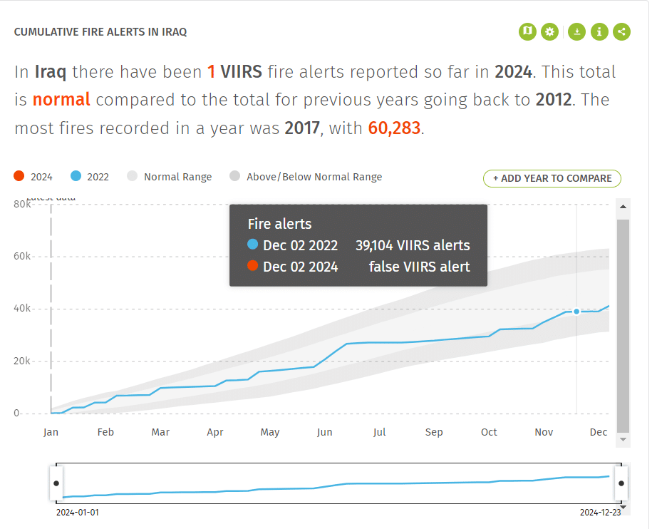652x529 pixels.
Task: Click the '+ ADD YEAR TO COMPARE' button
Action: [552, 178]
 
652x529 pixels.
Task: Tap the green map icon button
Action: [527, 31]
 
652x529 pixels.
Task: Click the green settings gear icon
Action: [549, 31]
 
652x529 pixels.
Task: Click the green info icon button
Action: [599, 31]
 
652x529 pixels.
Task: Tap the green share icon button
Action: [621, 31]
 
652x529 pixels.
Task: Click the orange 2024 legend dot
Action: [19, 177]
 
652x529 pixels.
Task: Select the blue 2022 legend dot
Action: [76, 177]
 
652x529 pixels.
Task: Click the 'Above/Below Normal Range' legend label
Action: [314, 177]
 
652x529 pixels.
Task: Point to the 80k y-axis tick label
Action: [22, 205]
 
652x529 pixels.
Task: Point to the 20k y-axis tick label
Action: [22, 361]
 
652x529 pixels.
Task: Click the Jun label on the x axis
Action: [324, 432]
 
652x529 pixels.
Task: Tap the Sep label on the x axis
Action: [434, 432]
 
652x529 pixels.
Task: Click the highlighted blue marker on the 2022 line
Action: [576, 312]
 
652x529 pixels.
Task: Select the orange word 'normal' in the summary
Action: [61, 99]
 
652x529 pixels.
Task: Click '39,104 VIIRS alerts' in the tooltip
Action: [413, 245]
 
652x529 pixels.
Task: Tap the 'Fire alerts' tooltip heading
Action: [279, 224]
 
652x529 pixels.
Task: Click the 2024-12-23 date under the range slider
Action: [600, 513]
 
